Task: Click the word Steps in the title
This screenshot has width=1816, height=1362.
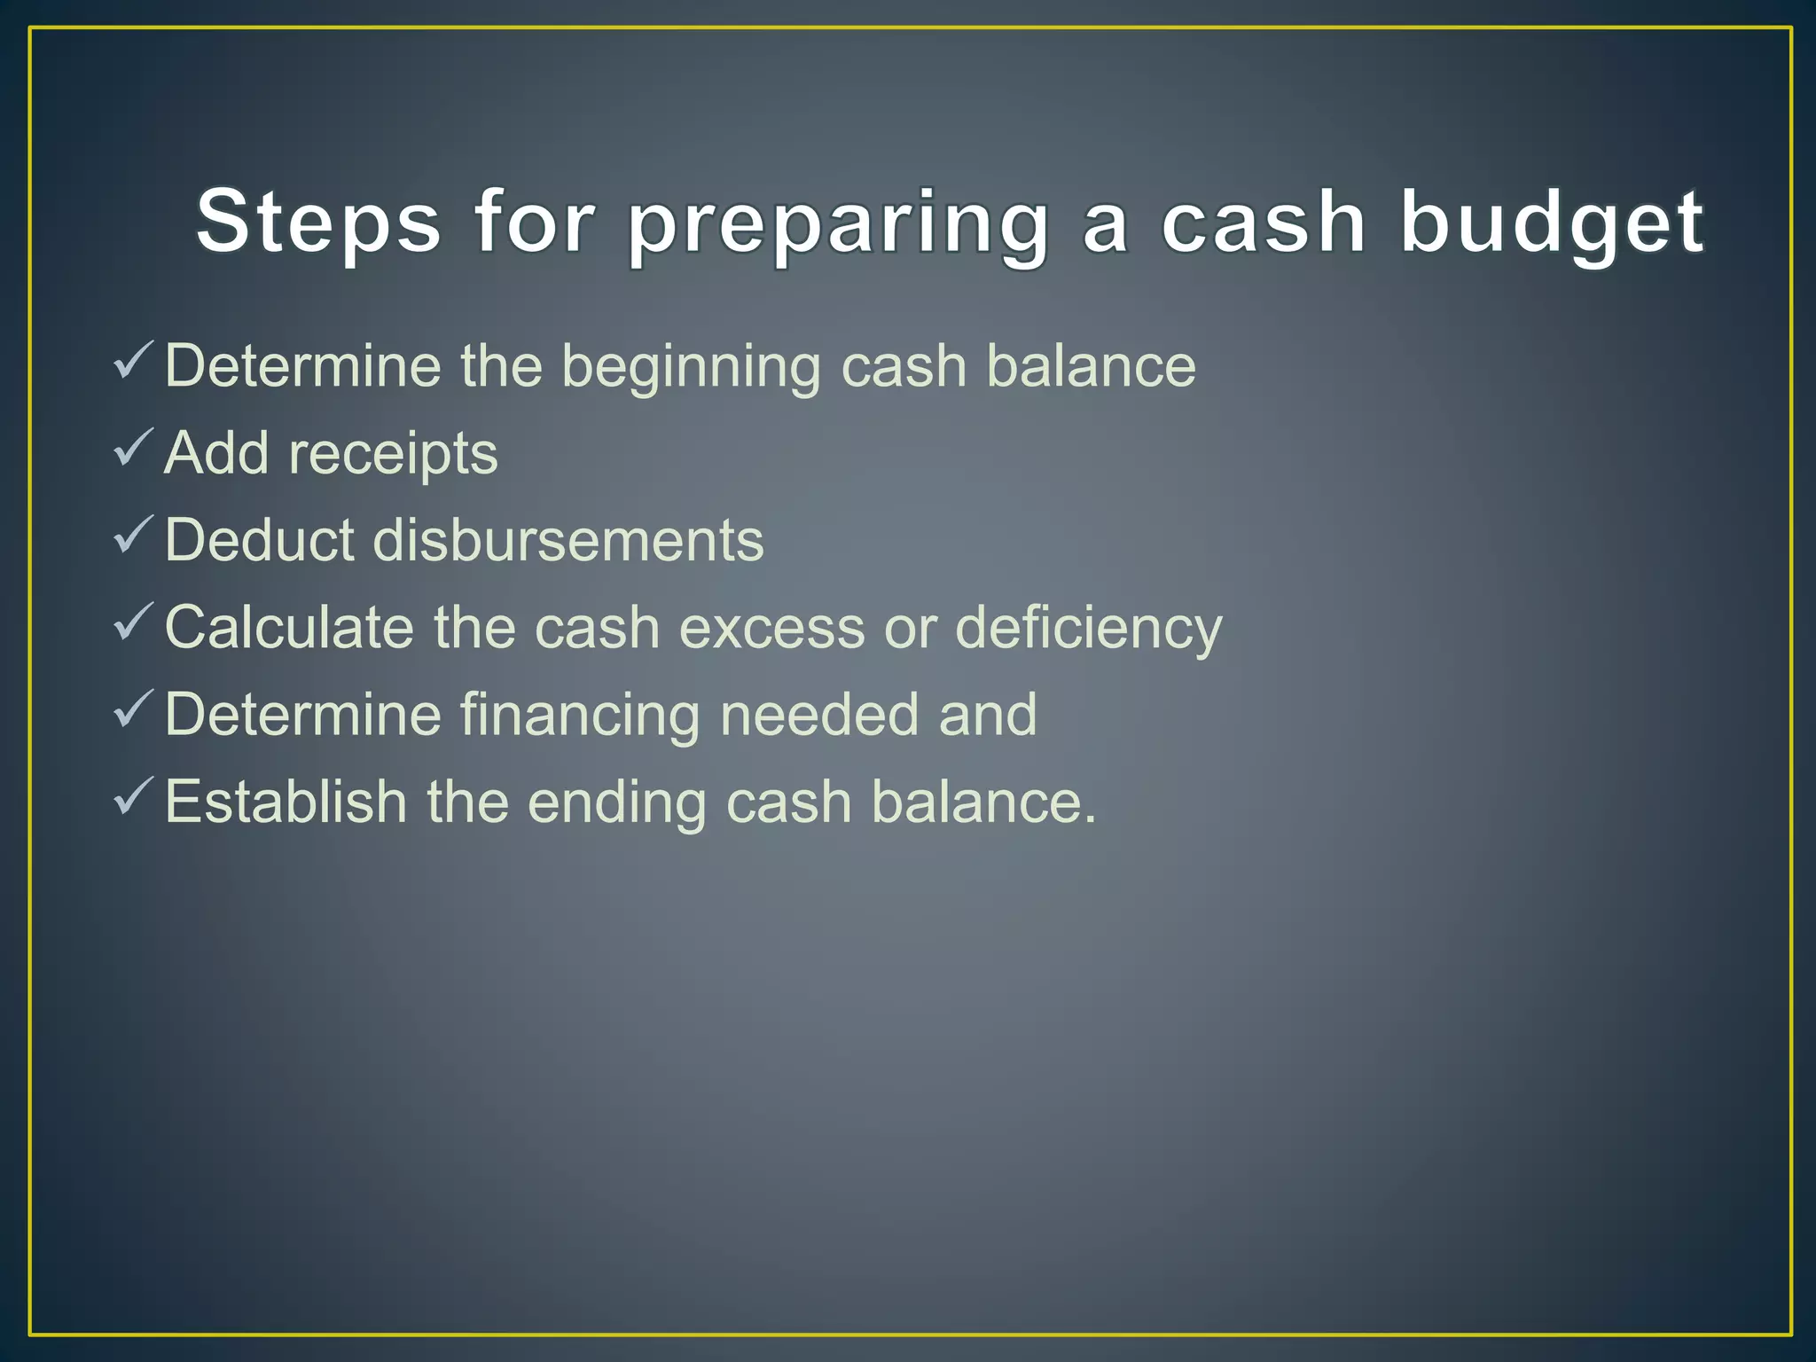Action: tap(318, 221)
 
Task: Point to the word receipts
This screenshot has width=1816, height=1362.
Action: tap(394, 454)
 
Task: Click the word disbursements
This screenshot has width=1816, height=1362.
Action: tap(567, 540)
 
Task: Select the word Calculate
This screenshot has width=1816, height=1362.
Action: tap(289, 627)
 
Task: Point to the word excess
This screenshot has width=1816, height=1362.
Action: tap(771, 627)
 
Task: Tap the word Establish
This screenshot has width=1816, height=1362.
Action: tap(286, 801)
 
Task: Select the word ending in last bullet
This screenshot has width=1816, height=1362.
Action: tap(616, 802)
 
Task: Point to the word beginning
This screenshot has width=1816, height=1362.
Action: tap(691, 367)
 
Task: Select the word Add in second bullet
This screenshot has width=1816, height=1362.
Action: tap(215, 453)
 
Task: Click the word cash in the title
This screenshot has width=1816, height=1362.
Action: tap(1264, 221)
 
